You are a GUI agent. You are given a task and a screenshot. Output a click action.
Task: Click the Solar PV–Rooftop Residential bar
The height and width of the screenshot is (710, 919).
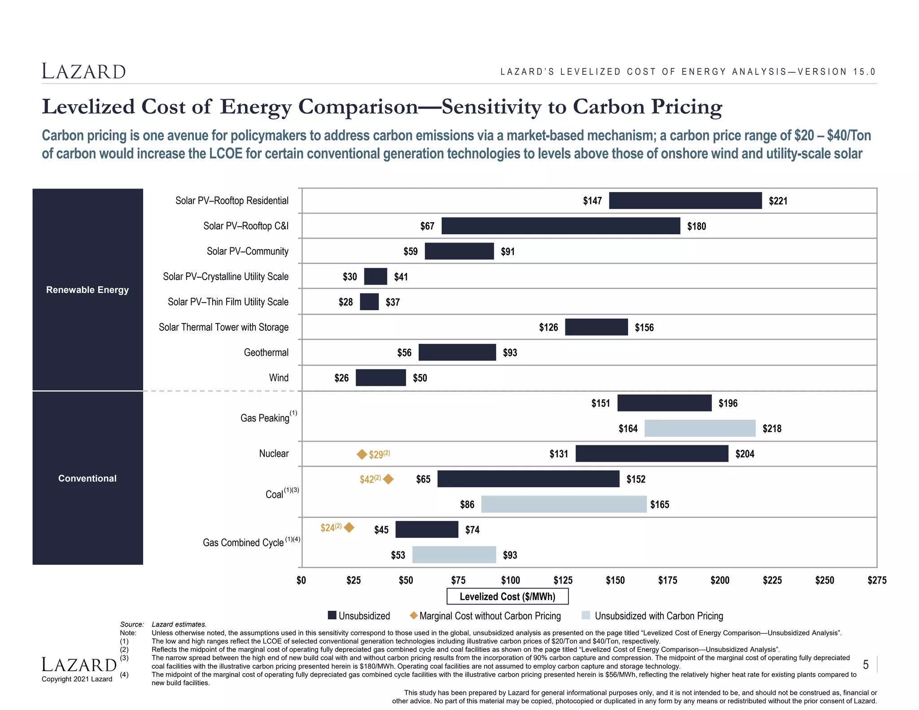click(x=685, y=201)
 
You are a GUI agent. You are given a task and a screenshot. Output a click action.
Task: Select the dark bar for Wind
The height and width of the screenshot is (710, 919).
click(x=381, y=378)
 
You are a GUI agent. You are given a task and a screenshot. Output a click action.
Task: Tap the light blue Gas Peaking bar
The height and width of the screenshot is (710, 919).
click(x=700, y=429)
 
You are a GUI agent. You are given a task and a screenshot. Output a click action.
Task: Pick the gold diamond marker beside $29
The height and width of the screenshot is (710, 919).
click(x=362, y=455)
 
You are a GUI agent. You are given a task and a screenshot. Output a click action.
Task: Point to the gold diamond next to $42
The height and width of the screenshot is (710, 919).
click(x=389, y=479)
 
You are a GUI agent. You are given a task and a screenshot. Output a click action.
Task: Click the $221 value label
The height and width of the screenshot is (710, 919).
click(x=778, y=201)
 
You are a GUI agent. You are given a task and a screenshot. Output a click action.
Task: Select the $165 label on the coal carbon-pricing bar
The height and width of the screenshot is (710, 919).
click(x=660, y=505)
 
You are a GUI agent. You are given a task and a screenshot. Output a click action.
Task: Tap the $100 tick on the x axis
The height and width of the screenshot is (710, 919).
click(x=511, y=580)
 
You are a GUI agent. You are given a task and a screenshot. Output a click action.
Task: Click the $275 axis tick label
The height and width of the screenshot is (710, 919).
click(x=877, y=580)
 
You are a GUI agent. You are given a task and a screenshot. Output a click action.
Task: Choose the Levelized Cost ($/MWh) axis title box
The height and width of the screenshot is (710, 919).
click(x=508, y=596)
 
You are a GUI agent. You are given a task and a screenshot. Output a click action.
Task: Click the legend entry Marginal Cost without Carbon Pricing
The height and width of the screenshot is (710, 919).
click(x=490, y=616)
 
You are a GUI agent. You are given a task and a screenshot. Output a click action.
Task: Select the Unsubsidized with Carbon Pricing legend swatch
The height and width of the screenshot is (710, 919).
click(x=586, y=615)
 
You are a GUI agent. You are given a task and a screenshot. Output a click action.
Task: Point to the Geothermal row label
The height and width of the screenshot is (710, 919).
click(x=266, y=353)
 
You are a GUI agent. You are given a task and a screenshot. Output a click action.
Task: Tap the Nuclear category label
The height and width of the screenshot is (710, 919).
click(x=274, y=454)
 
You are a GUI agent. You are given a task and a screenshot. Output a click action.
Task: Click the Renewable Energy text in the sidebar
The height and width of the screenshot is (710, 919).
click(x=88, y=290)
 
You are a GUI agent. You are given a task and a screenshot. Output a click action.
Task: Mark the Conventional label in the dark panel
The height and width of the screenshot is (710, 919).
click(x=88, y=478)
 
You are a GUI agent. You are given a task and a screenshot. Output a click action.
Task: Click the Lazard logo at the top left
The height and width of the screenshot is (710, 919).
click(x=84, y=72)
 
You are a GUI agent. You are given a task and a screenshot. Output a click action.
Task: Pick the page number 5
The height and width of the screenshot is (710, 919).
click(x=866, y=665)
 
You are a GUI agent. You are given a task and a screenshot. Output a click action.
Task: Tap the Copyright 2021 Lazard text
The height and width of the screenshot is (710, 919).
click(x=77, y=679)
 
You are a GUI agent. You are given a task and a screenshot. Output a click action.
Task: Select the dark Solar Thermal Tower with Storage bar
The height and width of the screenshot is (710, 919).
click(x=596, y=327)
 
